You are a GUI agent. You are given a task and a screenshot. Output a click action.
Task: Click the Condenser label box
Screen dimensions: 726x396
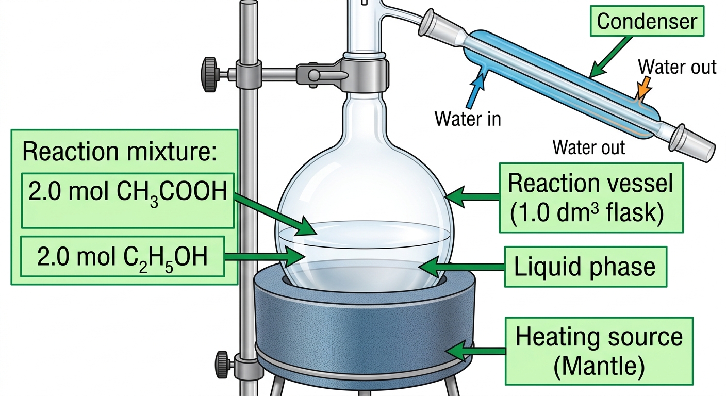click(x=647, y=21)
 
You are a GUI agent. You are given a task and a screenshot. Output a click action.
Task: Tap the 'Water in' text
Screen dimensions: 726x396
click(x=468, y=119)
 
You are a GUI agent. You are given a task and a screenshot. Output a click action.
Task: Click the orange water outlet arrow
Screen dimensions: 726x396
click(x=643, y=87)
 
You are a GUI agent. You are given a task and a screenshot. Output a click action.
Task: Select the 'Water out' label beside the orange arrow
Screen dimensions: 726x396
click(x=677, y=67)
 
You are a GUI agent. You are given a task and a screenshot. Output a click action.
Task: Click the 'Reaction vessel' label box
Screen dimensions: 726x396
click(x=591, y=197)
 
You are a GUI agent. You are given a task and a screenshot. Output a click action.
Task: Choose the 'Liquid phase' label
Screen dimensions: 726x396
click(x=585, y=267)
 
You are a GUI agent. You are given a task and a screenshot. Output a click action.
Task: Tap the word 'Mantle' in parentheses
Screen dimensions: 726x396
click(x=599, y=366)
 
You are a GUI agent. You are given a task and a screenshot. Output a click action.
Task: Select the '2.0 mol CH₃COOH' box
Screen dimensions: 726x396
click(x=128, y=201)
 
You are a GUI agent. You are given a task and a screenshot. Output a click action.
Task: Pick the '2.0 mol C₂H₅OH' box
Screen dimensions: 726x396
click(x=123, y=256)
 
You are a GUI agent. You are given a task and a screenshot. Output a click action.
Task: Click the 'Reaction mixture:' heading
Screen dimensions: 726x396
click(x=119, y=151)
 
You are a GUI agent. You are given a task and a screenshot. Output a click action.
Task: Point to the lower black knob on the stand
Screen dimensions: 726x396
click(x=222, y=365)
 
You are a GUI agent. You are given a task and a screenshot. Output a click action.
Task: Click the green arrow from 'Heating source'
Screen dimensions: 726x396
click(x=475, y=351)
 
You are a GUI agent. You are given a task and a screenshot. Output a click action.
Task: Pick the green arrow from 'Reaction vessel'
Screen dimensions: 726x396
click(x=472, y=196)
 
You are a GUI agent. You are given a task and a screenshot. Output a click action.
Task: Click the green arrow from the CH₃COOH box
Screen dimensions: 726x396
click(x=275, y=214)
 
